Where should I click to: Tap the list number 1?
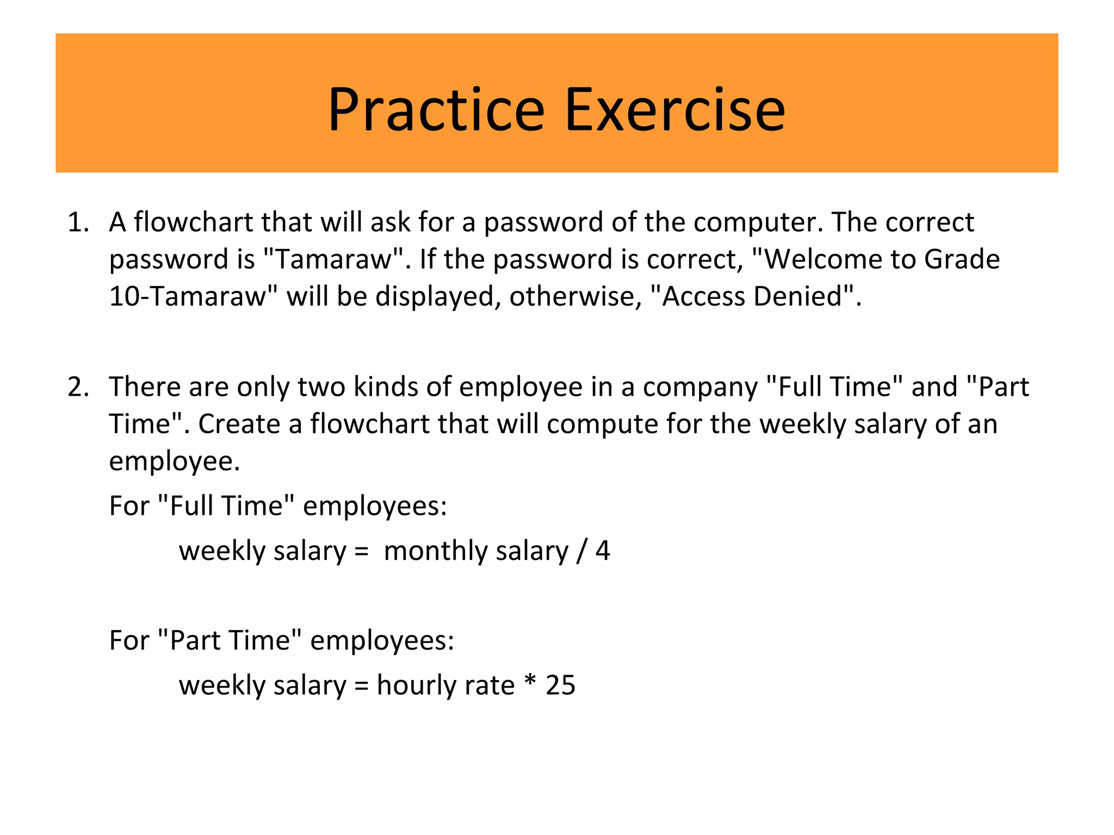(x=78, y=223)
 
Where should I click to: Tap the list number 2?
(x=78, y=388)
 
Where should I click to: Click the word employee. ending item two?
(x=174, y=462)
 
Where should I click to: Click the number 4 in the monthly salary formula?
(x=603, y=551)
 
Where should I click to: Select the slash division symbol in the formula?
(x=581, y=551)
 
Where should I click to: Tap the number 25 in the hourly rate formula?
(x=560, y=685)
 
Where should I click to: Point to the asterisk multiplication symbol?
(x=530, y=682)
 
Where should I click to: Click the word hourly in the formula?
(x=413, y=685)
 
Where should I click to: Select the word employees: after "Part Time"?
(x=382, y=641)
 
